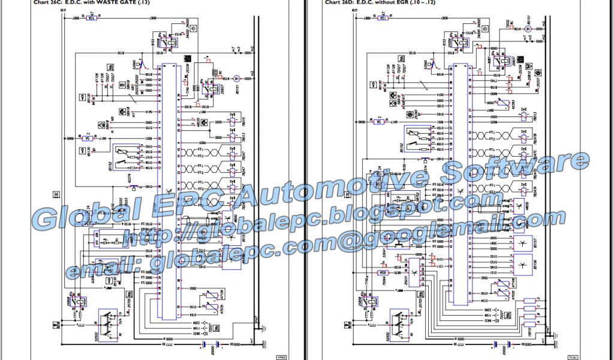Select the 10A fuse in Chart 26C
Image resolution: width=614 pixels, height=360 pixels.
click(x=92, y=18)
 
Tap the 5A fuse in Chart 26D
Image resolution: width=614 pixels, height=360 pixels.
click(x=379, y=122)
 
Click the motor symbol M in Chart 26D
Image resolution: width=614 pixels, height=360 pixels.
click(x=528, y=28)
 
